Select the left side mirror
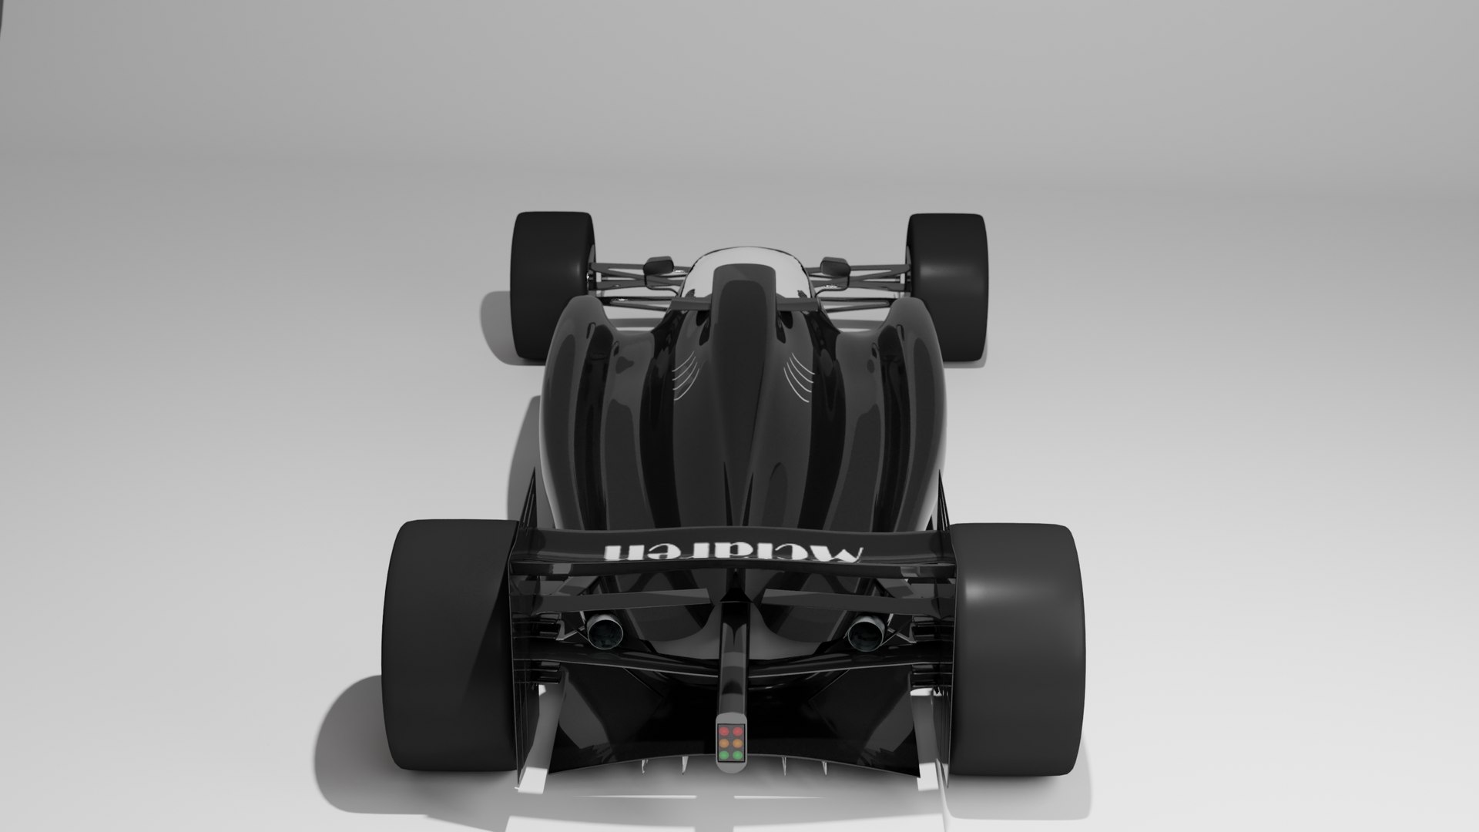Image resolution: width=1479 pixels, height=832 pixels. [x=659, y=266]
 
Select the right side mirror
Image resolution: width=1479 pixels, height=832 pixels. [x=834, y=266]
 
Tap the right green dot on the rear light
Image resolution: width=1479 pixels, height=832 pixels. [x=738, y=762]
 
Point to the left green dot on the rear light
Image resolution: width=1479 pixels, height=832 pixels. [x=725, y=762]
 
